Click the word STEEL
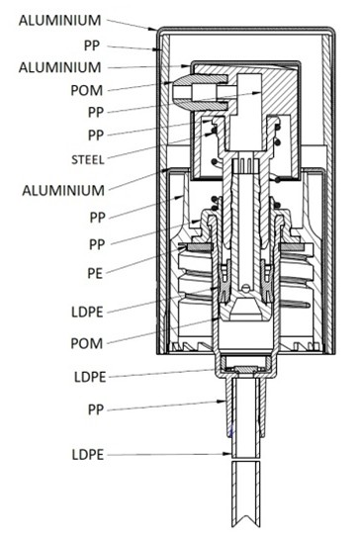pyautogui.click(x=88, y=159)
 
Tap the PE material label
pyautogui.click(x=95, y=273)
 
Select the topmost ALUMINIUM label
pyautogui.click(x=60, y=20)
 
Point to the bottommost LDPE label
pyautogui.click(x=88, y=454)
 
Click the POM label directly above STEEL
pyautogui.click(x=87, y=90)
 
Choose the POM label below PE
pyautogui.click(x=87, y=343)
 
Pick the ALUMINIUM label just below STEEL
pyautogui.click(x=63, y=190)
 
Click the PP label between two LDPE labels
pyautogui.click(x=96, y=409)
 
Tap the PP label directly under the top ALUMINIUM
pyautogui.click(x=92, y=45)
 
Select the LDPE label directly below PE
pyautogui.click(x=87, y=312)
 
